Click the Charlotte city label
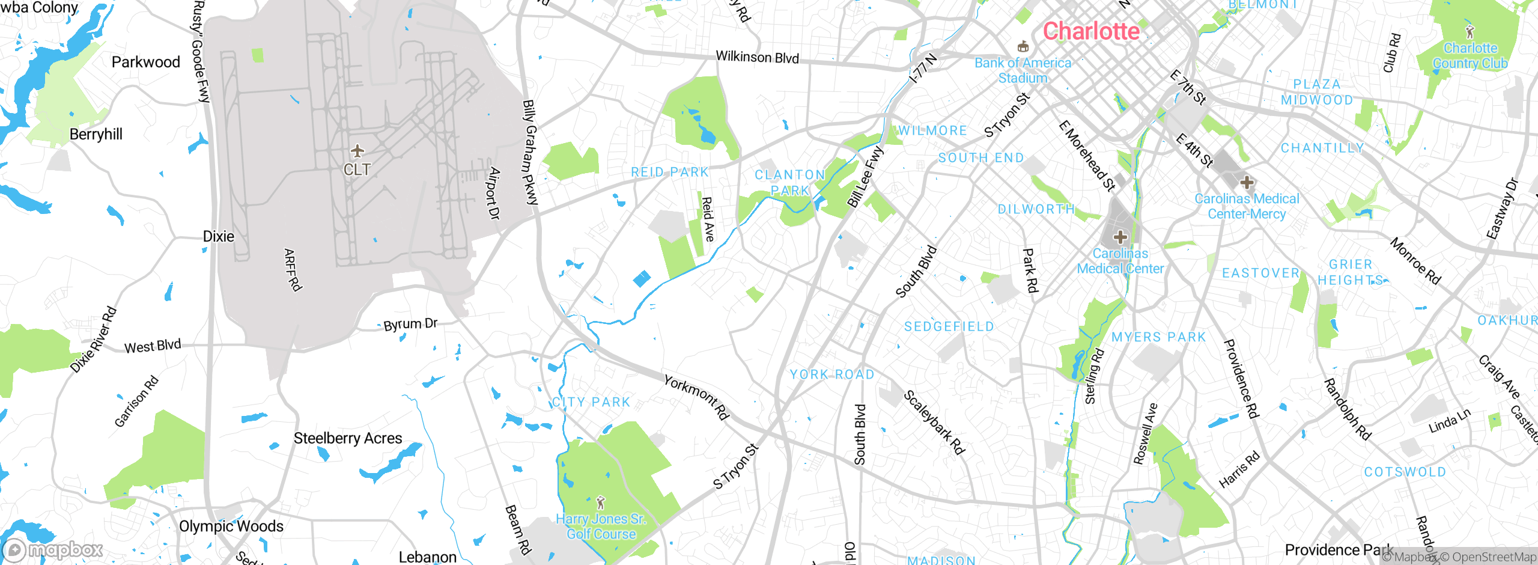1091,31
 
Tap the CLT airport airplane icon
357,150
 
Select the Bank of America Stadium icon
1023,47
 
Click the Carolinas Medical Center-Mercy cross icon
1247,182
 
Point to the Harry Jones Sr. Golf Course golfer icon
600,502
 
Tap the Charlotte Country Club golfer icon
1470,32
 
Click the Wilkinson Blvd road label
757,58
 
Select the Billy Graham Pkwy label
530,153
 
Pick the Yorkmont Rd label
696,397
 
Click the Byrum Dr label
411,324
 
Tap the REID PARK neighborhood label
670,173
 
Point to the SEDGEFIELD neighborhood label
949,326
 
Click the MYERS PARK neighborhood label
1158,337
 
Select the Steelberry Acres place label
348,439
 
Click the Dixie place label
219,237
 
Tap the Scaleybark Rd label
934,422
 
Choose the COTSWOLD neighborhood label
1405,472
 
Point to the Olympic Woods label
231,527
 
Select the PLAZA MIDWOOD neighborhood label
1317,92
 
